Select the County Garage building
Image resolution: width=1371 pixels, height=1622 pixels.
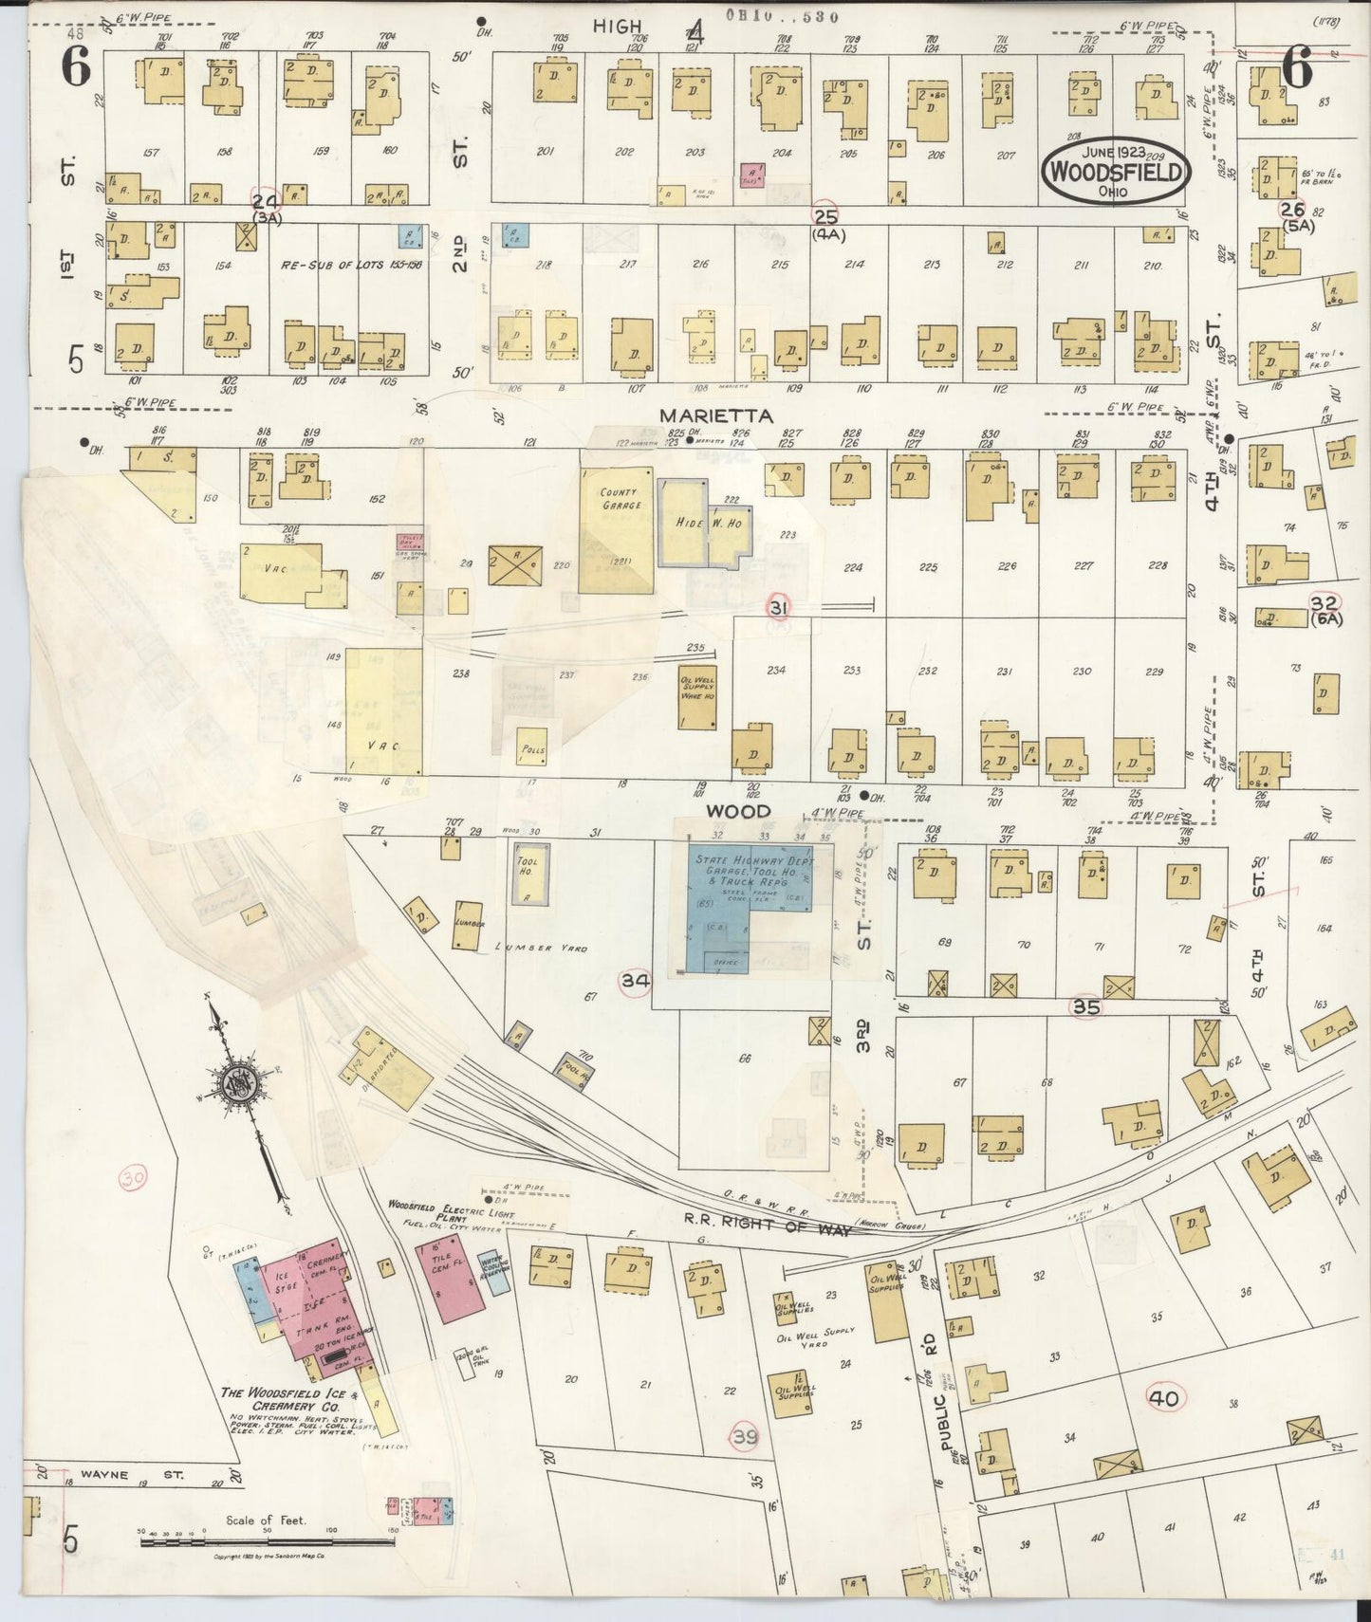(618, 531)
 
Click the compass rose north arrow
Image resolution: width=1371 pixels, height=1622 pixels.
(242, 1087)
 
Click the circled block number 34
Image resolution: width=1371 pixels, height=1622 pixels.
(635, 981)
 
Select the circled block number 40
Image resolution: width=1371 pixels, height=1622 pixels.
(1163, 1397)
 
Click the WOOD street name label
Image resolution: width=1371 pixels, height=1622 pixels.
(737, 811)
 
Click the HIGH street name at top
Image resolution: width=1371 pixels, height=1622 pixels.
(618, 26)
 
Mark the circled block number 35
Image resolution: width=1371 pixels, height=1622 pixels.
(1085, 1006)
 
